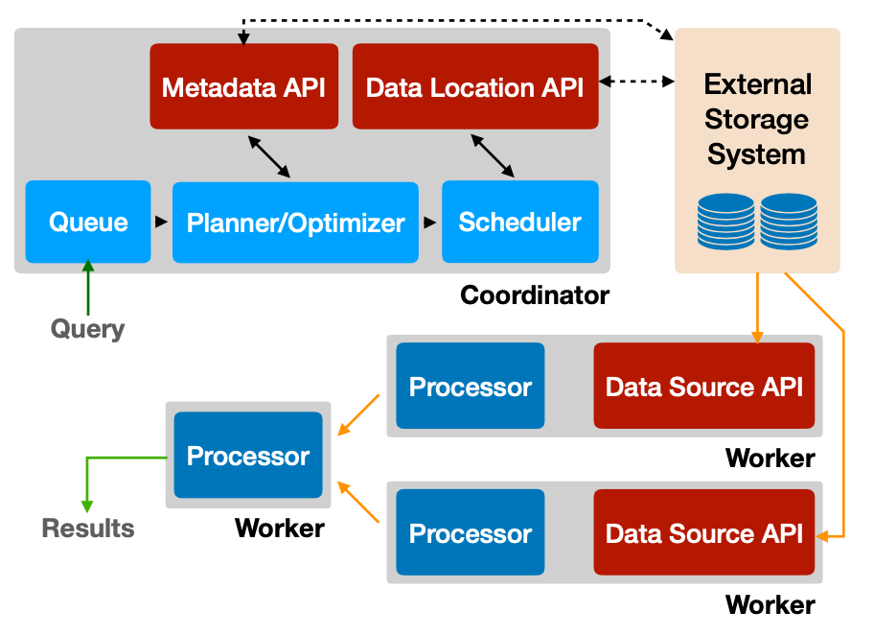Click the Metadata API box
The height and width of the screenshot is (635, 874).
click(x=243, y=86)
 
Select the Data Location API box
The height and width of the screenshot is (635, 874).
click(x=475, y=86)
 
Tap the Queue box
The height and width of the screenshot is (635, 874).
click(x=88, y=222)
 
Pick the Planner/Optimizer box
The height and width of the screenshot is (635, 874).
click(x=295, y=223)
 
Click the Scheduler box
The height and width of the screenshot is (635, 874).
click(x=519, y=222)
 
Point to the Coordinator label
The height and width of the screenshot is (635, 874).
click(x=534, y=294)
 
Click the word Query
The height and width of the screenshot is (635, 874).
click(x=87, y=329)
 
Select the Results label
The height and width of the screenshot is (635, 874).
click(x=88, y=528)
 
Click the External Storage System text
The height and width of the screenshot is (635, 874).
click(x=757, y=119)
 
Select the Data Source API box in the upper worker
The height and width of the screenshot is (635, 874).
click(x=703, y=386)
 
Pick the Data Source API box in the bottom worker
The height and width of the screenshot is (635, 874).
click(x=703, y=532)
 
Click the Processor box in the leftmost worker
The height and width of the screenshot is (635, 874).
click(x=248, y=456)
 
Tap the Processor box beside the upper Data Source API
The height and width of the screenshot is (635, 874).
click(x=470, y=386)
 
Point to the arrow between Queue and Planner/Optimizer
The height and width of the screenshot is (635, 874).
click(x=161, y=223)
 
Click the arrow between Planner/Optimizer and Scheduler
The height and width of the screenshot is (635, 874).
click(x=430, y=223)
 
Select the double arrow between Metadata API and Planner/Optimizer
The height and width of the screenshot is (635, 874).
click(x=269, y=155)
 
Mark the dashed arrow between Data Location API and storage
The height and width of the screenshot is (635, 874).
click(x=636, y=82)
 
